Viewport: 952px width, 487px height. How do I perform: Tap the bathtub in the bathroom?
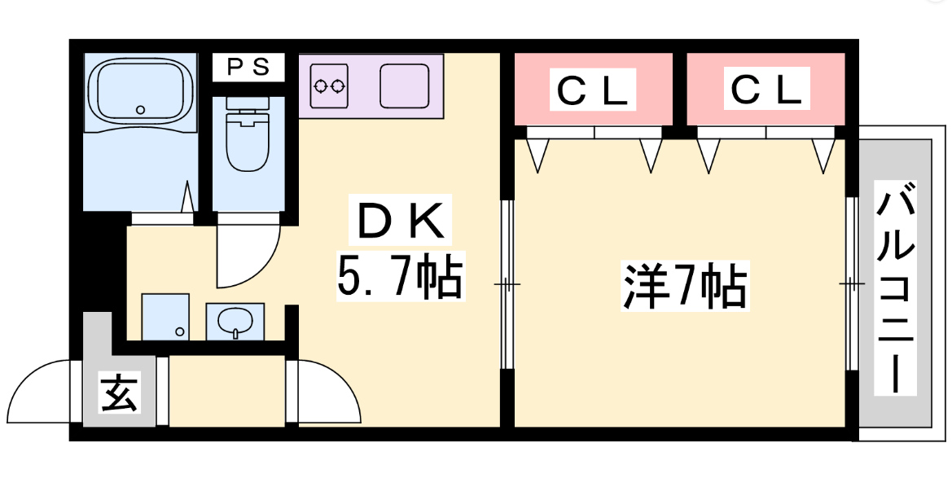click(140, 90)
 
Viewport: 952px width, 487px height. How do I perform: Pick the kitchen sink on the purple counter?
click(404, 84)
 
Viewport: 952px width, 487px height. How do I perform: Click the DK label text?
click(400, 221)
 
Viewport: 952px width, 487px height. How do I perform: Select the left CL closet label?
click(593, 90)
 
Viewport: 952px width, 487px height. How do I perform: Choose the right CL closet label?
click(766, 90)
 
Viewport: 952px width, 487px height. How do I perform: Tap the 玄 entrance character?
click(119, 395)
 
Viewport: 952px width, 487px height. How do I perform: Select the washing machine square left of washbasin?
click(165, 317)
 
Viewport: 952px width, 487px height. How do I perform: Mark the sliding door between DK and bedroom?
click(507, 284)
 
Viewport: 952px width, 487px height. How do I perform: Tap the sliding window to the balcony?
click(851, 284)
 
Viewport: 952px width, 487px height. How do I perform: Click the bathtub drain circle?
click(140, 109)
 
